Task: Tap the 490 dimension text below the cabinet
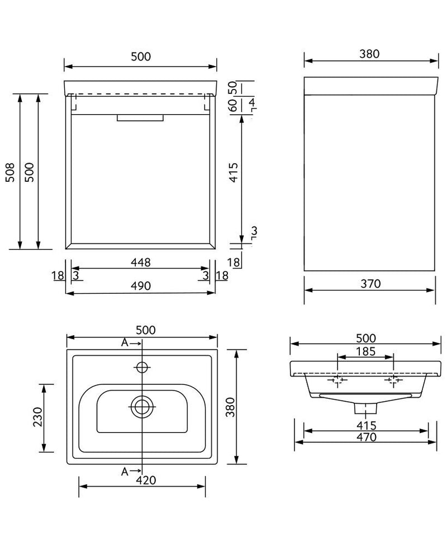click(141, 286)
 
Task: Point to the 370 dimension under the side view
click(370, 284)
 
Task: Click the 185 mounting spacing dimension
click(365, 352)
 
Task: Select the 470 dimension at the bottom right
click(365, 436)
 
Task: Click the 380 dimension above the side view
click(370, 54)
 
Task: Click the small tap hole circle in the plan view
click(142, 367)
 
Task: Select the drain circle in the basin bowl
click(142, 407)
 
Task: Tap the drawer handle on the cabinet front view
click(140, 118)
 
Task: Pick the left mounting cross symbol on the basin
click(337, 381)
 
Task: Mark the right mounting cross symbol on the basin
click(393, 381)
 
